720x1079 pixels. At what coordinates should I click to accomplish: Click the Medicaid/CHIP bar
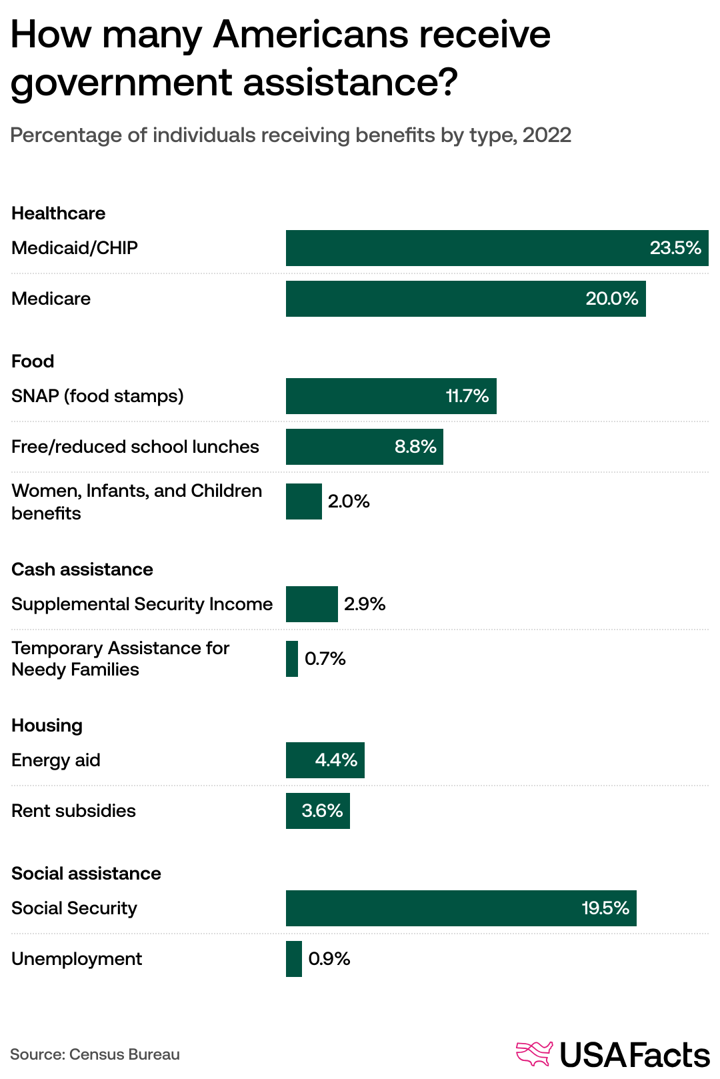[x=497, y=248]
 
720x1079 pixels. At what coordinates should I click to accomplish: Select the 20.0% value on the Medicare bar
[x=611, y=299]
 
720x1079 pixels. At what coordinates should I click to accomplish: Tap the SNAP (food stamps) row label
[x=97, y=396]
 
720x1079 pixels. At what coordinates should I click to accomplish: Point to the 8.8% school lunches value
[x=415, y=447]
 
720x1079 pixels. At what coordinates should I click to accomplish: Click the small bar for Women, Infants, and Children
[x=304, y=501]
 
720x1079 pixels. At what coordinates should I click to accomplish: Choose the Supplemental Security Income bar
[x=312, y=604]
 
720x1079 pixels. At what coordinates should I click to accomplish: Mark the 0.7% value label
[x=325, y=659]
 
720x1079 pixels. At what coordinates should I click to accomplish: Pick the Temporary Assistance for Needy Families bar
[x=292, y=659]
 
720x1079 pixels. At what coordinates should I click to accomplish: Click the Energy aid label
[x=56, y=760]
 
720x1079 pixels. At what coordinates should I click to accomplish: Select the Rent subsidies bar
[x=317, y=811]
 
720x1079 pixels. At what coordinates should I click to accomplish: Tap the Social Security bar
[x=460, y=908]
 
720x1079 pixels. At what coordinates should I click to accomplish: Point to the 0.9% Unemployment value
[x=329, y=959]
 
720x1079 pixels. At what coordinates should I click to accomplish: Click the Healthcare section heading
[x=59, y=213]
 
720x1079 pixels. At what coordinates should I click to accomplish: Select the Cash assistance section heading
[x=82, y=570]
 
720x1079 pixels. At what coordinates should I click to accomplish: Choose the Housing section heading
[x=47, y=726]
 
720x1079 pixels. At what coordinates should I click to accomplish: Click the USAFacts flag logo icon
[x=535, y=1054]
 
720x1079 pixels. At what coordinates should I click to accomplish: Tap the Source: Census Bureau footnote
[x=95, y=1054]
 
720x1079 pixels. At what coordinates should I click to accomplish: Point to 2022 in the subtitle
[x=547, y=135]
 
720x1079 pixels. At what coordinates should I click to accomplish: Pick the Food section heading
[x=33, y=361]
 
